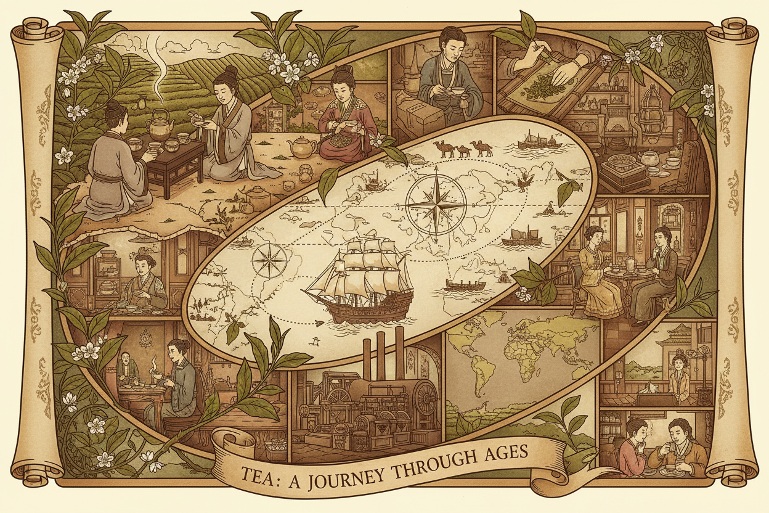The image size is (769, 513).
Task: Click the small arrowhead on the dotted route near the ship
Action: (319, 322)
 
